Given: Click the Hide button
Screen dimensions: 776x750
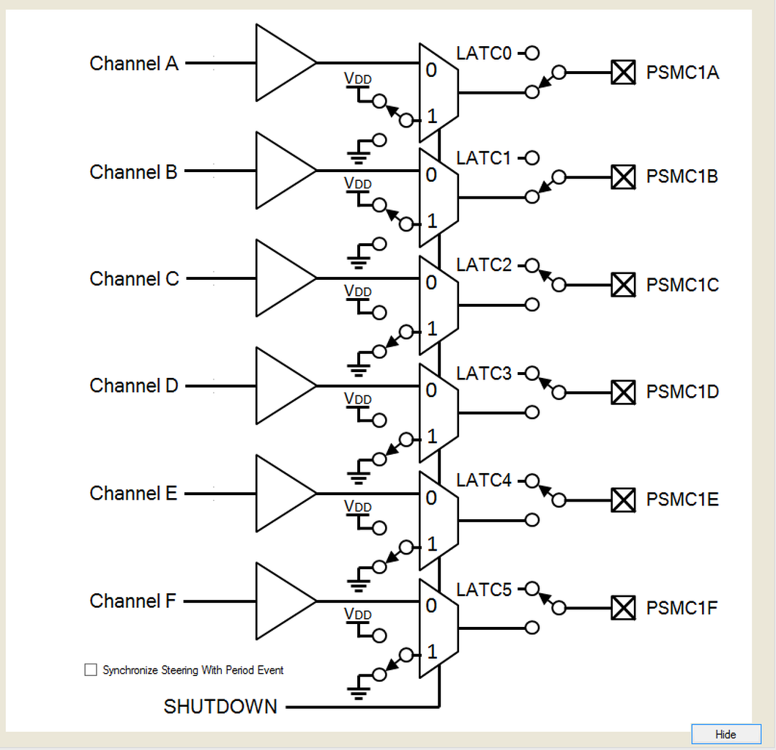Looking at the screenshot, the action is coord(726,734).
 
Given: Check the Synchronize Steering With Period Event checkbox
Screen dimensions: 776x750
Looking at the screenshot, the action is coord(91,670).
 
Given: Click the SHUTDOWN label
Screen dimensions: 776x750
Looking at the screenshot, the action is coord(220,707).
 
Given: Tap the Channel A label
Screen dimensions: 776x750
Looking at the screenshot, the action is coord(134,64).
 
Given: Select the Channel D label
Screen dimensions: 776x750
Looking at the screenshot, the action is coord(134,386).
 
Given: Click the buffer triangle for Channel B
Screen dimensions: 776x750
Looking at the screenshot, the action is coord(286,171).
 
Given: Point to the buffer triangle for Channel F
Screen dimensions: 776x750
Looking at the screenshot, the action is coord(286,601).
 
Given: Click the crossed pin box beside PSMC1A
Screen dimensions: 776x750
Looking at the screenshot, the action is coord(623,73).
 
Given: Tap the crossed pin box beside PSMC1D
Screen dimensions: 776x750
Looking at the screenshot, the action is coord(623,392).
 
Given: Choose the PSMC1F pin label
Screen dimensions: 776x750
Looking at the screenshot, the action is coord(682,608).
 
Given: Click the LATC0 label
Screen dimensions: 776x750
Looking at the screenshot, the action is coord(483,53).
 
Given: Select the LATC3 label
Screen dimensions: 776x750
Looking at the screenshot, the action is coord(483,374).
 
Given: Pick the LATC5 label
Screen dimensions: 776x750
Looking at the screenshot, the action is coord(483,590).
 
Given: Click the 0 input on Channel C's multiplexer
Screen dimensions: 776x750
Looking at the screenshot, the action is coord(431,283).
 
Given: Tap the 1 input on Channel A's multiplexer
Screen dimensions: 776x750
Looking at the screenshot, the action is coord(432,116).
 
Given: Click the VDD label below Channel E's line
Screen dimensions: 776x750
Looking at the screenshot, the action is coord(358,506).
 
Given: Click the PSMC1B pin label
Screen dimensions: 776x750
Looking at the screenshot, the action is coord(682,177).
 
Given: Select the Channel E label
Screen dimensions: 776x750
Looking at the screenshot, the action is coord(133,493).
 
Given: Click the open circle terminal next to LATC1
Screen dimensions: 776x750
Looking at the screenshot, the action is coord(532,158).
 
